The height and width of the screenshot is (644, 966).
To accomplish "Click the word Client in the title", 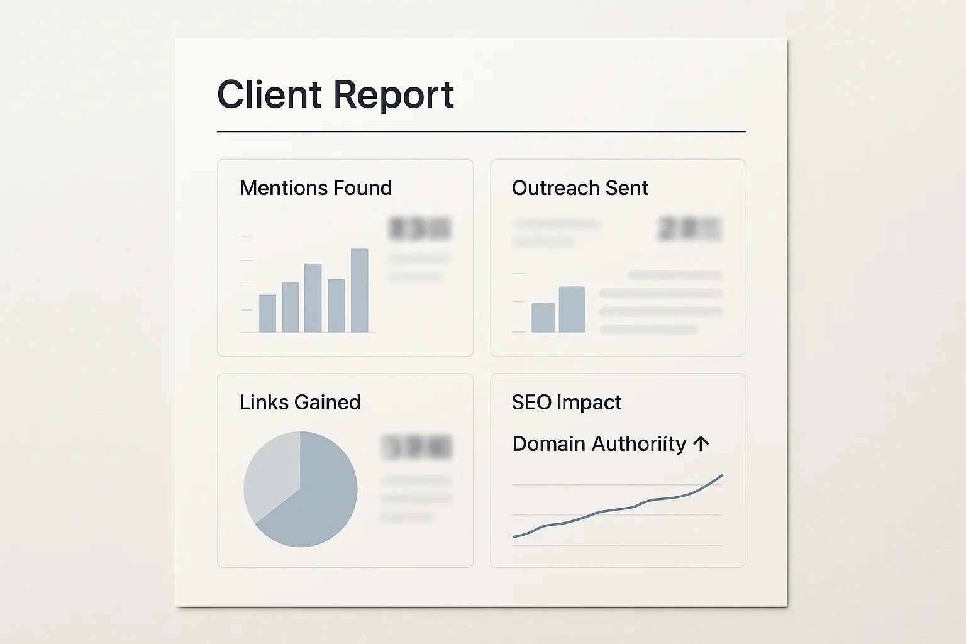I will (x=269, y=95).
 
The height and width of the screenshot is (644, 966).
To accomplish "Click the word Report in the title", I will (x=393, y=96).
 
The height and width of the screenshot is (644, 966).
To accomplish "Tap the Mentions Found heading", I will (x=316, y=188).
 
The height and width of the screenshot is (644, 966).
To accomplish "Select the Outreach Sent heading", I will (x=580, y=188).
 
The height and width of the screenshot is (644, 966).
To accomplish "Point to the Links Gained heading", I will (x=300, y=402).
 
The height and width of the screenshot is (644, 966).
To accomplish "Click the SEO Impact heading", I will (x=566, y=402).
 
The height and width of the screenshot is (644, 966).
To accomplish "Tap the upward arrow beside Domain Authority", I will (x=701, y=443).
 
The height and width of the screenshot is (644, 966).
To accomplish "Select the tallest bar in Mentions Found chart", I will (x=359, y=291).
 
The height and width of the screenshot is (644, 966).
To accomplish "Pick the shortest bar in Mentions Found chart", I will (x=267, y=313).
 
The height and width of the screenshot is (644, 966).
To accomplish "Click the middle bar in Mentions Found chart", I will (x=313, y=297).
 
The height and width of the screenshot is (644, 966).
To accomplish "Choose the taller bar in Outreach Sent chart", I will (x=572, y=309).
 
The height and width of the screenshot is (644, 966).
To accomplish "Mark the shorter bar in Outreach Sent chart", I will (x=543, y=318).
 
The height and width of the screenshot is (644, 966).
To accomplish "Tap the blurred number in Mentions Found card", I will (x=420, y=229).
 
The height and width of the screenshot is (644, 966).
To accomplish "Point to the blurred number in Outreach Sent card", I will (x=690, y=229).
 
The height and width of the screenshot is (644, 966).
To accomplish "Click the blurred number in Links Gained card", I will (x=416, y=447).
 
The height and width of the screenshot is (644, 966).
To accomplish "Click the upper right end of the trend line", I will (x=721, y=476).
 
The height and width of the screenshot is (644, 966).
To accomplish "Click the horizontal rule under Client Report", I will (x=481, y=131).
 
